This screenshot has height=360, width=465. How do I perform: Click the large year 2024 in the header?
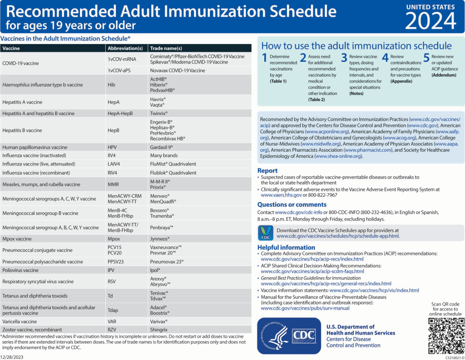(430, 20)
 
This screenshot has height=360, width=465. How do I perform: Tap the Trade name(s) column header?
(166, 48)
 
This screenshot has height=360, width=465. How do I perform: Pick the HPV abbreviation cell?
(113, 147)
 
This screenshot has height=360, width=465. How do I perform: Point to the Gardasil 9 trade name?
(161, 147)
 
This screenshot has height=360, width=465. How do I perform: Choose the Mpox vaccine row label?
(17, 238)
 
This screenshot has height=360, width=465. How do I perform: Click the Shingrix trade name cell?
(159, 329)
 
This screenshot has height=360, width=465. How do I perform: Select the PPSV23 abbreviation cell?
(116, 261)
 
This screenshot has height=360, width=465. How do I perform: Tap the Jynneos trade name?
(160, 238)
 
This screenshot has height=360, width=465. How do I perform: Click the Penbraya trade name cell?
(162, 227)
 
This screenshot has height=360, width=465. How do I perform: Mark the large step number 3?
(344, 58)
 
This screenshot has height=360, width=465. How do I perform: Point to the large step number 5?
(426, 58)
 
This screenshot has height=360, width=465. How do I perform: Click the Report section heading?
(267, 170)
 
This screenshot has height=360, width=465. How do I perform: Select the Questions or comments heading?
(292, 205)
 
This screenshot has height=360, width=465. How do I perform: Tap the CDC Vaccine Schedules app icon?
(265, 233)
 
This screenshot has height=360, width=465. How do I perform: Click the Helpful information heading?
(286, 247)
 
